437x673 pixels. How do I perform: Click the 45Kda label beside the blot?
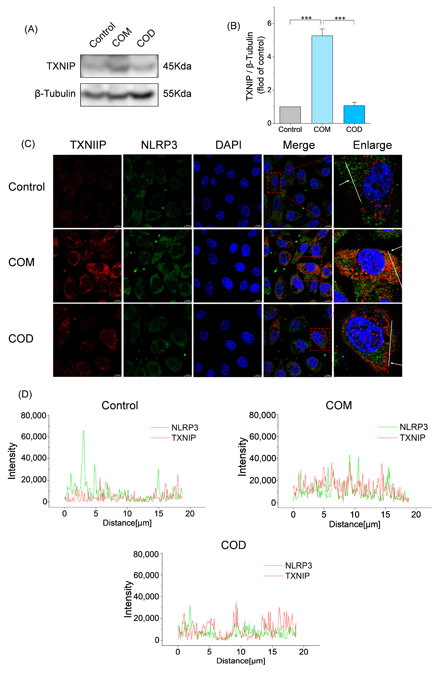point(177,66)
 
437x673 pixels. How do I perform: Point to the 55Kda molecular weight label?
point(177,94)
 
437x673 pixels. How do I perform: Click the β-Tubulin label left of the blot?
point(55,94)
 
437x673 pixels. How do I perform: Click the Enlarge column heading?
point(372,145)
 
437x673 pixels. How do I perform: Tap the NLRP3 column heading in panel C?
point(159,145)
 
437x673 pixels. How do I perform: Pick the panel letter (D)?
point(25,394)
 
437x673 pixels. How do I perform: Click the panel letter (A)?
point(31,29)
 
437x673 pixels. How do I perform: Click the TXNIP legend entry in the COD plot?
point(297,576)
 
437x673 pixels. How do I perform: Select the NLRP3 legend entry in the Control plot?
point(185,428)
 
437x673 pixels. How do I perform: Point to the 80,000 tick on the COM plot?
point(262,415)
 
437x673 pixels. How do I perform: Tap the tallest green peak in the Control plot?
point(83,431)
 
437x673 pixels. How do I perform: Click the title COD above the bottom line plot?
point(233,545)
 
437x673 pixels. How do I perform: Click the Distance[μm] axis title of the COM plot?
point(354,524)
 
